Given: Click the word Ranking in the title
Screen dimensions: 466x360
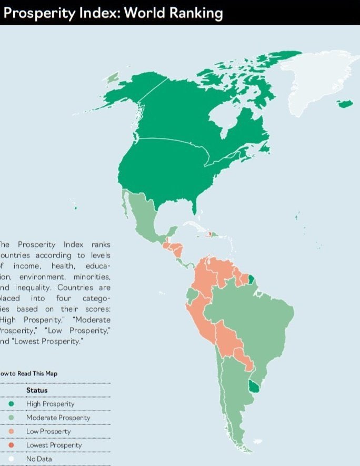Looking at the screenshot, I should tap(196, 13).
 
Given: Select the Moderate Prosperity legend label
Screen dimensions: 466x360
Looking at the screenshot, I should tap(58, 418).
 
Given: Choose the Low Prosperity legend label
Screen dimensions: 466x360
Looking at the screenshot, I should tap(48, 431).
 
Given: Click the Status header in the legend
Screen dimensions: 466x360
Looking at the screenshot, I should tap(37, 390).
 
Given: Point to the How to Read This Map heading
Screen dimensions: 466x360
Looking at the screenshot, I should tap(28, 373).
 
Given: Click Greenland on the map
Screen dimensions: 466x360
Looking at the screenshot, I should tap(316, 84).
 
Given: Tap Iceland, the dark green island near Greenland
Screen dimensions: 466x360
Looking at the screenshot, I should tap(345, 104).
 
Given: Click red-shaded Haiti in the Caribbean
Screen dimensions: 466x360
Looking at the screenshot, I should tap(209, 235).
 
